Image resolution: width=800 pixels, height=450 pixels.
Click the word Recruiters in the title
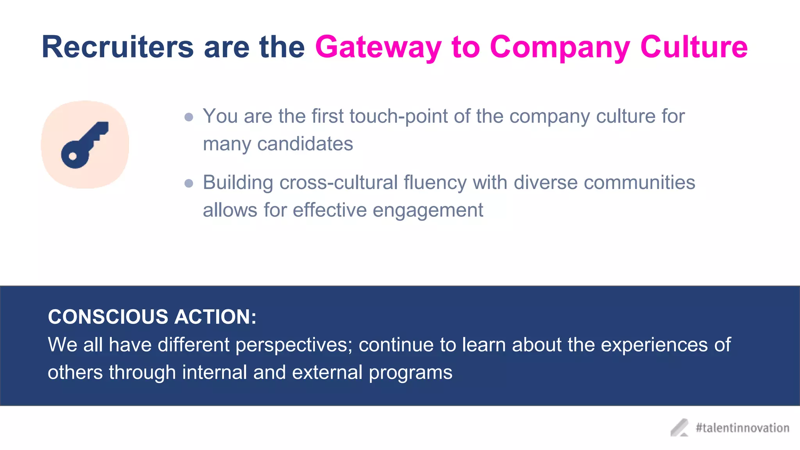(x=118, y=47)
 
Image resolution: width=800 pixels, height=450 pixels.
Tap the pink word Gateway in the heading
(x=378, y=47)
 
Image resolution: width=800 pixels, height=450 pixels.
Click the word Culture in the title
(x=694, y=47)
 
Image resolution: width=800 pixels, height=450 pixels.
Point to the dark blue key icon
(x=84, y=145)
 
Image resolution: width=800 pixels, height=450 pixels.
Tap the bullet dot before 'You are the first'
(x=189, y=117)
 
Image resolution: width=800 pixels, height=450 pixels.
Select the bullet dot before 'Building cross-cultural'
(x=189, y=183)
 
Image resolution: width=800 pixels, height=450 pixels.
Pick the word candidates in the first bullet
(x=305, y=144)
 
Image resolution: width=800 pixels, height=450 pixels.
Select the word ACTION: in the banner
(x=215, y=317)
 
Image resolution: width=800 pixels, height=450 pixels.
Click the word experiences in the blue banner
(x=654, y=345)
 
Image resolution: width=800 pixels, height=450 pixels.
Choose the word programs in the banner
(x=411, y=373)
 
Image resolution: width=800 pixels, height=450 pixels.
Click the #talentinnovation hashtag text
(x=742, y=428)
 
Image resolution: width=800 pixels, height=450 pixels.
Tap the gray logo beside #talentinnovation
(x=680, y=428)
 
